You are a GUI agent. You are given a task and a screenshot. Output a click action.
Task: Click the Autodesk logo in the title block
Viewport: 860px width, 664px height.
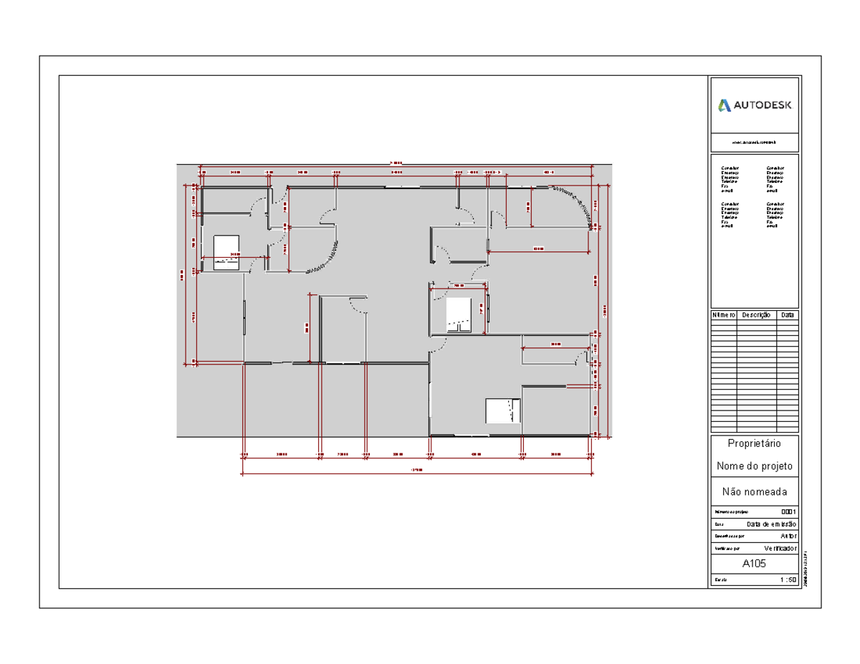point(755,105)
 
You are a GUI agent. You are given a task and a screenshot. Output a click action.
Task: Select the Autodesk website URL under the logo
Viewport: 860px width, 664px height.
point(755,143)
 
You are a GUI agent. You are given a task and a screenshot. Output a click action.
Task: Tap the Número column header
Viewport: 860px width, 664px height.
point(723,315)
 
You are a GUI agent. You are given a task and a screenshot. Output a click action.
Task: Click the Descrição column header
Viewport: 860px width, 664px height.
point(756,315)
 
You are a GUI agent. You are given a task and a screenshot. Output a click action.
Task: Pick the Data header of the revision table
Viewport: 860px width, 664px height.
point(787,315)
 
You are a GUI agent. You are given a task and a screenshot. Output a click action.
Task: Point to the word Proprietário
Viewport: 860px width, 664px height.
point(755,443)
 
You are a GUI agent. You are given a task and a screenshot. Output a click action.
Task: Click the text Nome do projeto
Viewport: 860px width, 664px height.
point(755,466)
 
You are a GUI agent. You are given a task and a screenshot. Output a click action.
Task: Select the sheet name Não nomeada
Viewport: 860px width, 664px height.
point(755,492)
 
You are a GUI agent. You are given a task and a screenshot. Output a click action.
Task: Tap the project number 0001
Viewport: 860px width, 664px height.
point(788,512)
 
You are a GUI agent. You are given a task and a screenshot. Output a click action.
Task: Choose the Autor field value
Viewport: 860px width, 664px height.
point(787,536)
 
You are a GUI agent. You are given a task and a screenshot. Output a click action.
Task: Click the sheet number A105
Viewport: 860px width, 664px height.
point(755,564)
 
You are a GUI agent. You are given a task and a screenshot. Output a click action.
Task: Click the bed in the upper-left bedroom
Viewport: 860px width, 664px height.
point(226,251)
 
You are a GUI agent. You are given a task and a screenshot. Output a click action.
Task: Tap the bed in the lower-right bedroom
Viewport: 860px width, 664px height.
point(501,410)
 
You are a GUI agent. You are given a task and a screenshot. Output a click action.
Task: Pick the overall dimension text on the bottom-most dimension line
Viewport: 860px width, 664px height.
point(416,471)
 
